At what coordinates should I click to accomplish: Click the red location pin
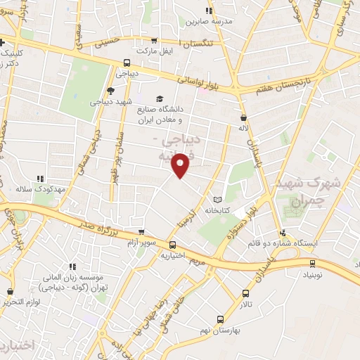click(x=182, y=164)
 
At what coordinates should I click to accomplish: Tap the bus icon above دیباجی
click(x=126, y=62)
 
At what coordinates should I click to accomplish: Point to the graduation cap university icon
click(x=160, y=99)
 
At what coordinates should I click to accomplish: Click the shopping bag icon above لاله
click(x=243, y=117)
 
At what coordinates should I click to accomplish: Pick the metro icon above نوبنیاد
click(x=314, y=263)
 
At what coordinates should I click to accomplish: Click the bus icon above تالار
click(x=245, y=293)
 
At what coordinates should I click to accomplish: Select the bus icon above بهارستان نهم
click(x=220, y=319)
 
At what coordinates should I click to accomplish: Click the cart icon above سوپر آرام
click(x=141, y=232)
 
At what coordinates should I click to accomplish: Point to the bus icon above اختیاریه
click(x=173, y=245)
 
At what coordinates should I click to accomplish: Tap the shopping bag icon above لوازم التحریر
click(x=10, y=291)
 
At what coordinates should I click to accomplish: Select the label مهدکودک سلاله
click(x=41, y=190)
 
